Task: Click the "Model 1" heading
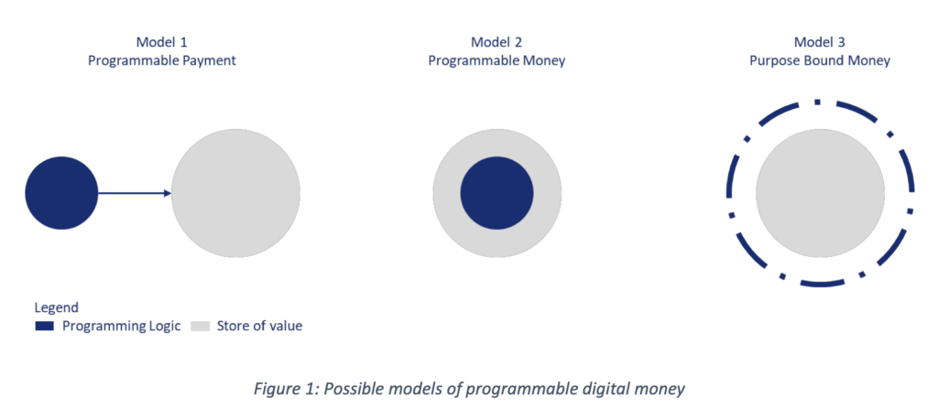pos(163,42)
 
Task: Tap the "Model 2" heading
pos(496,42)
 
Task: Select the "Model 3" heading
pos(820,42)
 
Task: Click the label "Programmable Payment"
pos(163,60)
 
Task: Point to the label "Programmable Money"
pos(496,60)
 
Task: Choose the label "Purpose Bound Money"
pos(820,60)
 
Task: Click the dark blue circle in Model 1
pos(61,193)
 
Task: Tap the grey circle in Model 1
pos(236,194)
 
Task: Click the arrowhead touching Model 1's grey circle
pos(168,193)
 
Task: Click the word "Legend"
pos(57,307)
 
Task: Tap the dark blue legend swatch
pos(44,326)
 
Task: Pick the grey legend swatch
pos(200,326)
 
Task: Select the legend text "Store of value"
pos(259,326)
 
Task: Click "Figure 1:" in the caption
pos(285,388)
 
